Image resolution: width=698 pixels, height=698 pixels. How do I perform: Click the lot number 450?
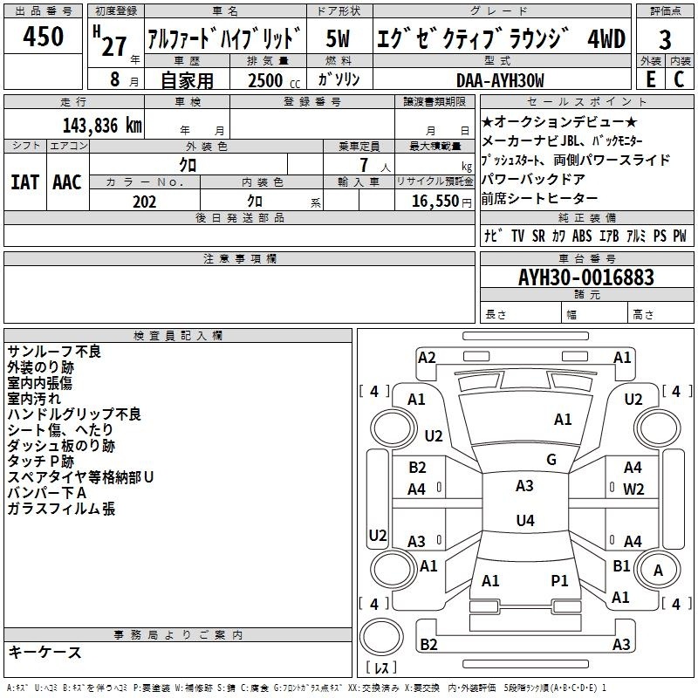tap(43, 36)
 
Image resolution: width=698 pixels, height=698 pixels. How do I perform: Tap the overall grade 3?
tap(665, 39)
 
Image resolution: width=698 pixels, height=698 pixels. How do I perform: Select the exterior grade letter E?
tap(650, 79)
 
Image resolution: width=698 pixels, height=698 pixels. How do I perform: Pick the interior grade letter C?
tap(679, 79)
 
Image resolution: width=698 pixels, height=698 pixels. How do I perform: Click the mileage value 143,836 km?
tap(102, 126)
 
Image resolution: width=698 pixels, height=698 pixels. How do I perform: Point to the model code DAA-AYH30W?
tap(500, 80)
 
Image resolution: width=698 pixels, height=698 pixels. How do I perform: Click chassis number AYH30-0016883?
tap(586, 277)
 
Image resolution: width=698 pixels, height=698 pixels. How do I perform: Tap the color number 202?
tap(144, 202)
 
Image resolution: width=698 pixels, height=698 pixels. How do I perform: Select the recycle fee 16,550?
tap(435, 202)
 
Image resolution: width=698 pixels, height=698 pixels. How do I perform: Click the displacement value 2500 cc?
tap(274, 80)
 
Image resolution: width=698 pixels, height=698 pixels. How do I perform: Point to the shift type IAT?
tap(24, 182)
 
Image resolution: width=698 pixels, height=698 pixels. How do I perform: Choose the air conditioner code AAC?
tap(67, 182)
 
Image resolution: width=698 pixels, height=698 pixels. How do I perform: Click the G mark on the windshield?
tap(551, 460)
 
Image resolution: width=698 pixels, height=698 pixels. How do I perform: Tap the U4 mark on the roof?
tap(525, 520)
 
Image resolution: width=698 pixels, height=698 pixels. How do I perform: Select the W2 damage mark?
tap(633, 489)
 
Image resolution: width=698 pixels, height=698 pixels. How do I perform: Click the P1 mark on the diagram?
tap(559, 580)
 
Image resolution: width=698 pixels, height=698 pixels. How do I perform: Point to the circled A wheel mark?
tap(658, 571)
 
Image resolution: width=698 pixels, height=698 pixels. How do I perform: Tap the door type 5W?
tap(338, 38)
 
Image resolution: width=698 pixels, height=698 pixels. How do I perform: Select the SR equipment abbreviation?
tap(538, 236)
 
